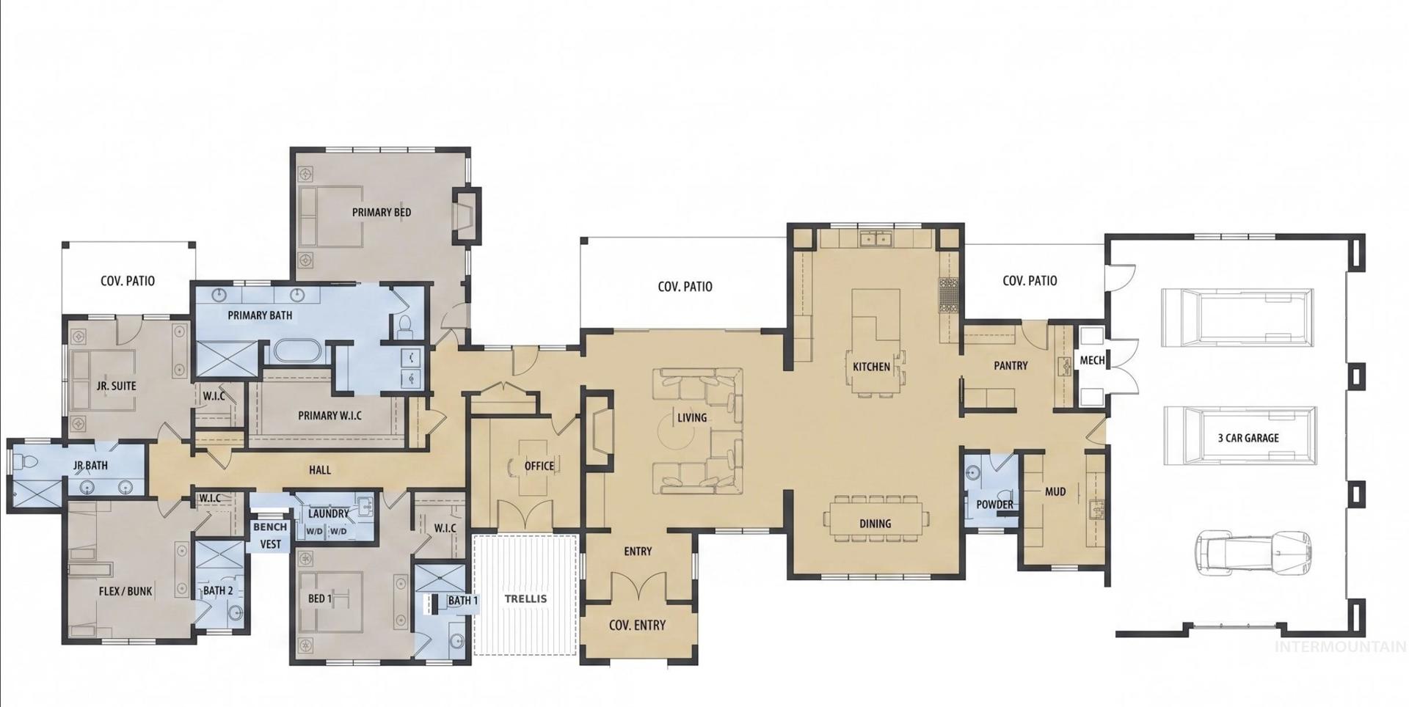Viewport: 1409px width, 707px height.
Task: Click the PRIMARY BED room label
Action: [x=381, y=213]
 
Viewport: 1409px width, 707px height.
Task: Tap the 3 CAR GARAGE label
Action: [x=1248, y=438]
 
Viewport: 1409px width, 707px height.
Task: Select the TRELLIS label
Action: [x=525, y=598]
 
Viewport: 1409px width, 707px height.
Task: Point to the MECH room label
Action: [x=1092, y=360]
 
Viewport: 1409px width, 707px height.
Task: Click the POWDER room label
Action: [x=994, y=505]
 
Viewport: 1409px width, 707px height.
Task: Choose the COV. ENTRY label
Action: [x=637, y=626]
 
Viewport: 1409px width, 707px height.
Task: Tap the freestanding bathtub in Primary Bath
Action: [x=297, y=350]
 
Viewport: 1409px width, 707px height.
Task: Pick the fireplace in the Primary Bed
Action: [x=465, y=216]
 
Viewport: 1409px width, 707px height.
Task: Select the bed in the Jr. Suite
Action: [x=103, y=374]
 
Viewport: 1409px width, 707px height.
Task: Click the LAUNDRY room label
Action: [x=328, y=514]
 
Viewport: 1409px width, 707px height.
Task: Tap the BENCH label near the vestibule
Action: [x=270, y=527]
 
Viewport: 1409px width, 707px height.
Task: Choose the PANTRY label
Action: [x=1011, y=365]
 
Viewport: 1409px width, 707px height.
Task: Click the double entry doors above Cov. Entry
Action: [x=637, y=586]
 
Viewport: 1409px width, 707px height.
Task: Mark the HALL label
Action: [x=319, y=470]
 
